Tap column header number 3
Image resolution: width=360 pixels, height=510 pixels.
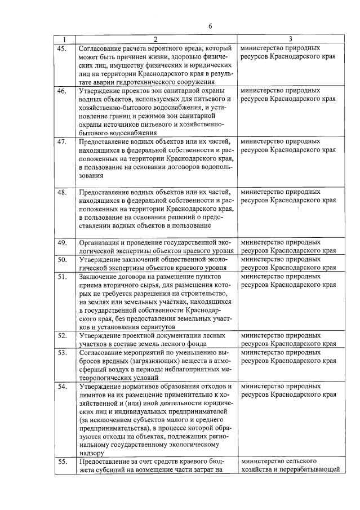tap(290, 39)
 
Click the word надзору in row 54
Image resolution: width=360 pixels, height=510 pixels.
tap(91, 453)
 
